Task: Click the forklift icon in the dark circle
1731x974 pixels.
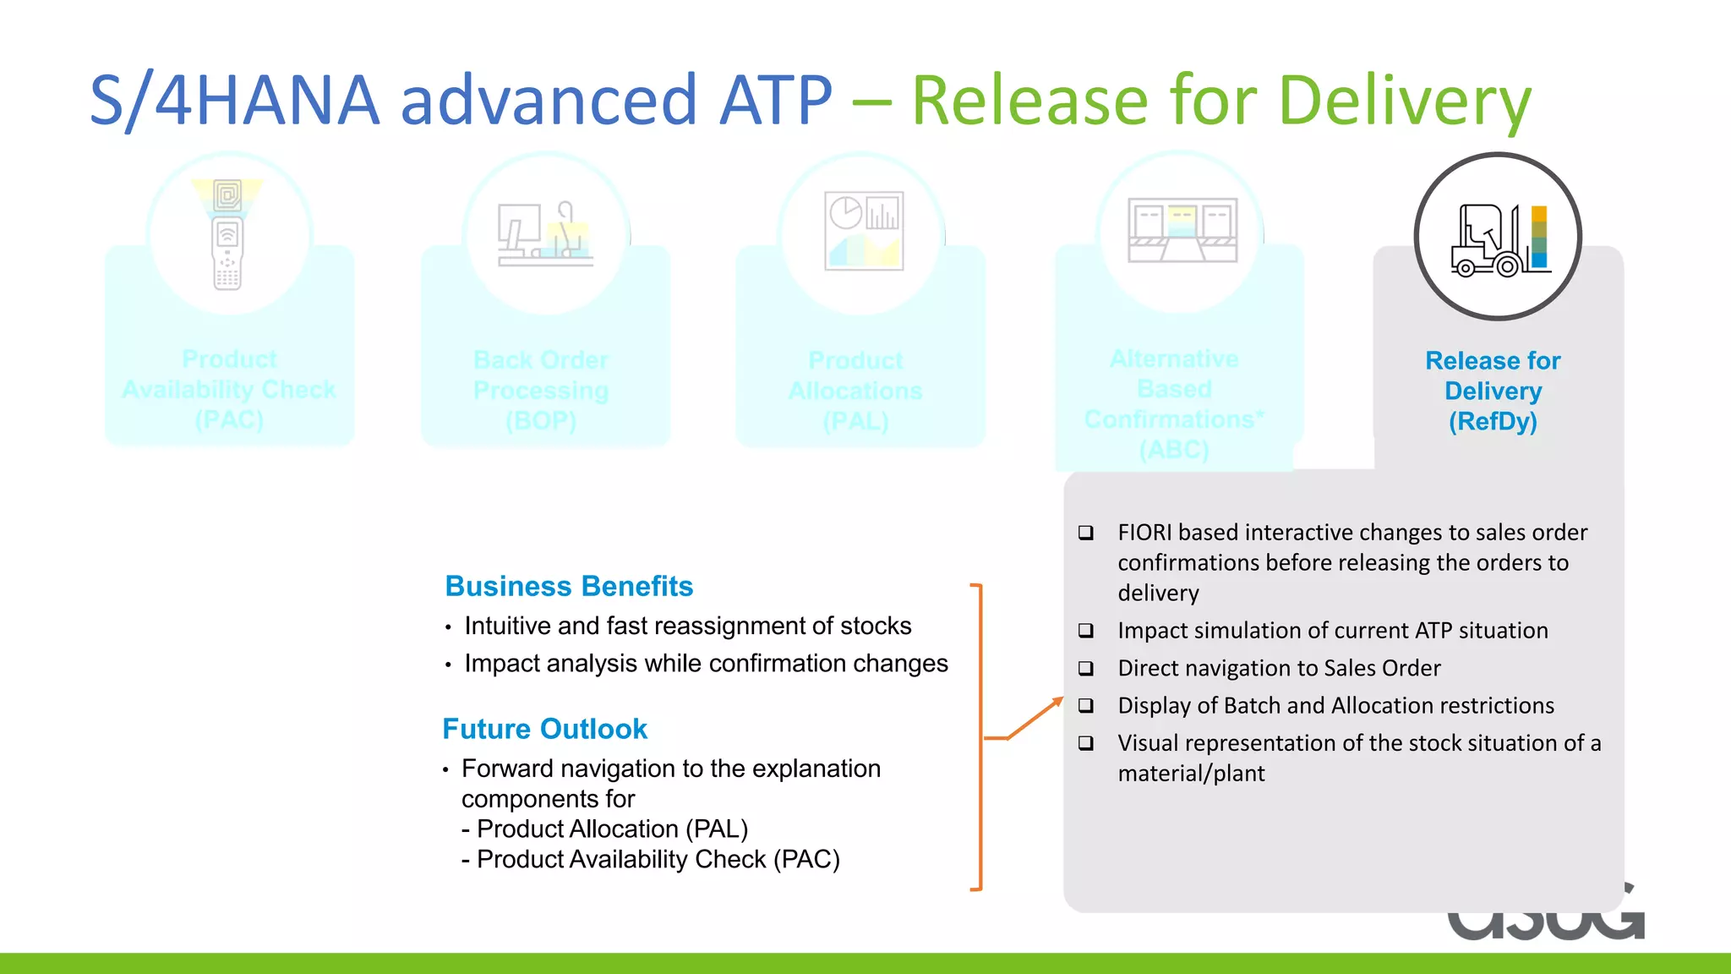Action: point(1499,239)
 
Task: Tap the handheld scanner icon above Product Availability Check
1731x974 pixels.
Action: point(227,235)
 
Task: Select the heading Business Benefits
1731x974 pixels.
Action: point(569,586)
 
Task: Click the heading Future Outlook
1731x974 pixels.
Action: point(544,729)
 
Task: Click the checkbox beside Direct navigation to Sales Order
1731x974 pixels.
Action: point(1086,669)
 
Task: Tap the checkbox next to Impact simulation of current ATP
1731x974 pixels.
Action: point(1086,631)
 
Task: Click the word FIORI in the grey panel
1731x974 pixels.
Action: point(1144,533)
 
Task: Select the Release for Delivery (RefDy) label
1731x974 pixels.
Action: point(1493,391)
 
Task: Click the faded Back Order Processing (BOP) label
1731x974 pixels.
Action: point(541,390)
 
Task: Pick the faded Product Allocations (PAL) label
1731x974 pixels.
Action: point(855,391)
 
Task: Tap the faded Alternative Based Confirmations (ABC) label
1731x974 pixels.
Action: point(1174,404)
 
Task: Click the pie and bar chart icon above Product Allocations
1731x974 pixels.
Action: point(864,231)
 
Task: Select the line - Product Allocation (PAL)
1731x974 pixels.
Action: point(605,829)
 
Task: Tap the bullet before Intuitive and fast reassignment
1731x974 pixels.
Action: point(448,627)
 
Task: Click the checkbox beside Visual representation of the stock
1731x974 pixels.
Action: point(1086,743)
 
